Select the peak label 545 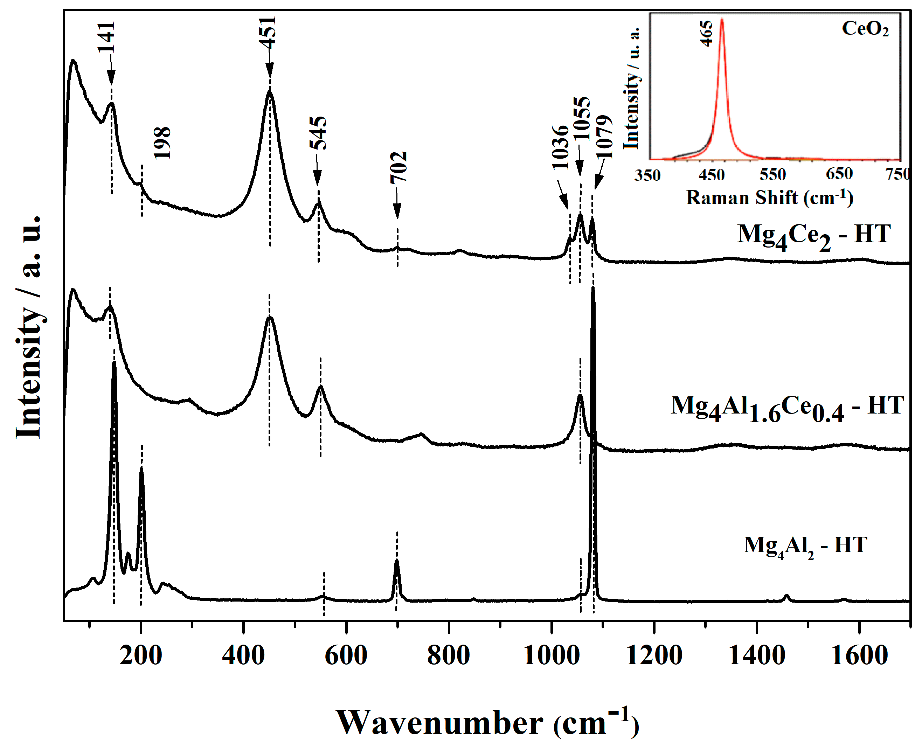point(318,133)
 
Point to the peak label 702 point(398,167)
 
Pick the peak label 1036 point(560,147)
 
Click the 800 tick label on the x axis point(449,656)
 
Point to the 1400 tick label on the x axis point(756,656)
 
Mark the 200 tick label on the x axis point(140,656)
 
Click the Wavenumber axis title point(487,723)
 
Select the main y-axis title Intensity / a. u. point(29,327)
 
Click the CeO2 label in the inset point(865,29)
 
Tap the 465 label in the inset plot point(706,33)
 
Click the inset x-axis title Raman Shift point(769,198)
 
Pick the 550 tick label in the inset point(772,174)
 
